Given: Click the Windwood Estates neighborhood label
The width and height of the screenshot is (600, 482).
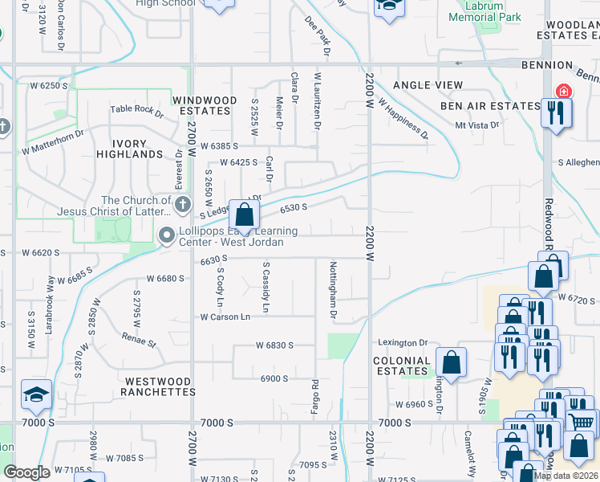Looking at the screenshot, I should [x=205, y=105].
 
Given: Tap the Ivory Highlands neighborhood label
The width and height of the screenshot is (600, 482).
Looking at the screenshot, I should [x=129, y=148].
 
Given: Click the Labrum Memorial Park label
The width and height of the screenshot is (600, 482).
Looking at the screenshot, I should [x=484, y=11].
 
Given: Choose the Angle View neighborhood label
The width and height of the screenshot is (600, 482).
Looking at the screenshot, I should [x=428, y=85].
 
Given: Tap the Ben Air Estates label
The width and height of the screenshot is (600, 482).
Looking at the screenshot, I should [x=490, y=106].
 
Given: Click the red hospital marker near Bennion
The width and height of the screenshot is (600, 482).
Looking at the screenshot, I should [x=564, y=90].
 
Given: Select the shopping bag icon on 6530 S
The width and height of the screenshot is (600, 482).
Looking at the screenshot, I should [x=245, y=215].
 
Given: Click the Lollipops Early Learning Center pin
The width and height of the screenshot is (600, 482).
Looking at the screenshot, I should [x=167, y=235].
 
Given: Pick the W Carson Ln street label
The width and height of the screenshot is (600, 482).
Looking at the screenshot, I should [x=225, y=317].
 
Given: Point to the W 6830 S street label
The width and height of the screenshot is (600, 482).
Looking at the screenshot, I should [x=274, y=345].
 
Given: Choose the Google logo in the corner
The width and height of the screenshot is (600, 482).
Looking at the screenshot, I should [x=26, y=472].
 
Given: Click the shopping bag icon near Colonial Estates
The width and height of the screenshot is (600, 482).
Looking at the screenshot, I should [x=452, y=361].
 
